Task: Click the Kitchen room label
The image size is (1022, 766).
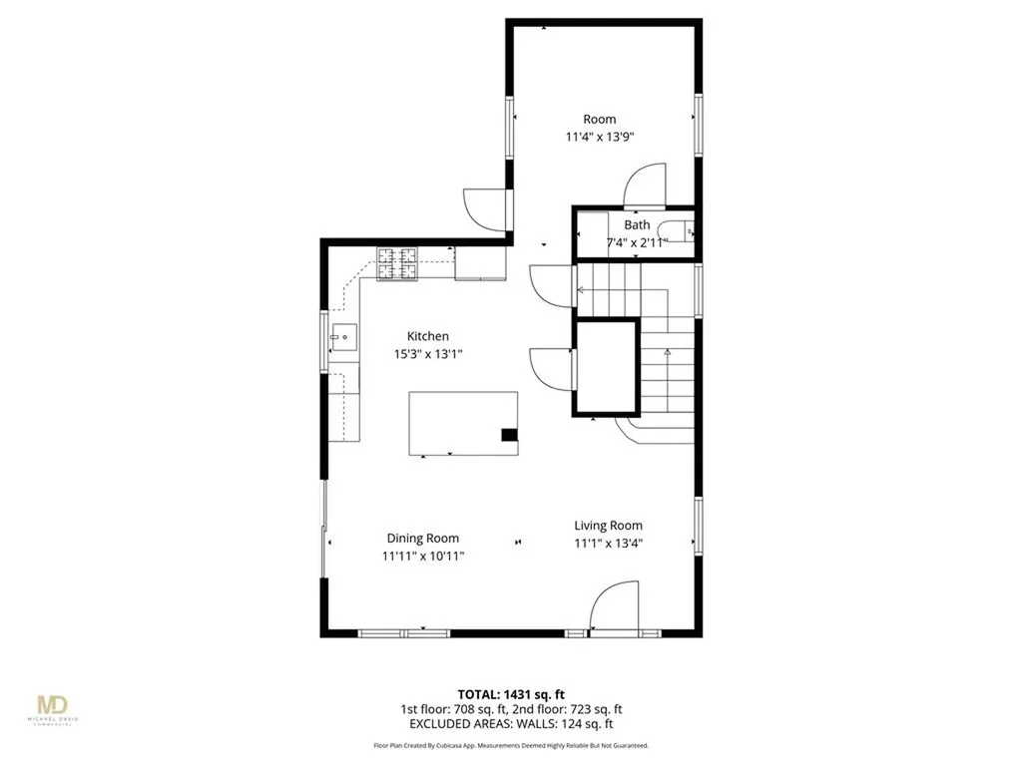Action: tap(427, 336)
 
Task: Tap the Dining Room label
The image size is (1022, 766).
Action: tap(423, 539)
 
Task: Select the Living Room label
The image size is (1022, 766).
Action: tap(608, 526)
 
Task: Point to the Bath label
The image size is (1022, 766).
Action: tap(637, 225)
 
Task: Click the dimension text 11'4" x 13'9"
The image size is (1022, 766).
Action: tap(600, 137)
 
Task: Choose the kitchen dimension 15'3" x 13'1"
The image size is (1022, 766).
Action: tap(427, 353)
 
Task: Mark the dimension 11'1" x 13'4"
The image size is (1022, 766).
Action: tap(608, 543)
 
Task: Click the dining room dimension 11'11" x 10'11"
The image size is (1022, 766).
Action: tap(423, 556)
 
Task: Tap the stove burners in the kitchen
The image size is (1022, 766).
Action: tap(396, 263)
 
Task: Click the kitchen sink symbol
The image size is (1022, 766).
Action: tap(342, 338)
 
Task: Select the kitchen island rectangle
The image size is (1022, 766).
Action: tap(463, 422)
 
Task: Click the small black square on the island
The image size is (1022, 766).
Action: tap(509, 434)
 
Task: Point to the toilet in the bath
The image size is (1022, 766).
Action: tap(683, 232)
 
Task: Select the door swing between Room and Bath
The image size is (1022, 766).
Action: tap(644, 185)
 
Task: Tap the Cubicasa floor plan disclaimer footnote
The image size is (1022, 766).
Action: tap(511, 745)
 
